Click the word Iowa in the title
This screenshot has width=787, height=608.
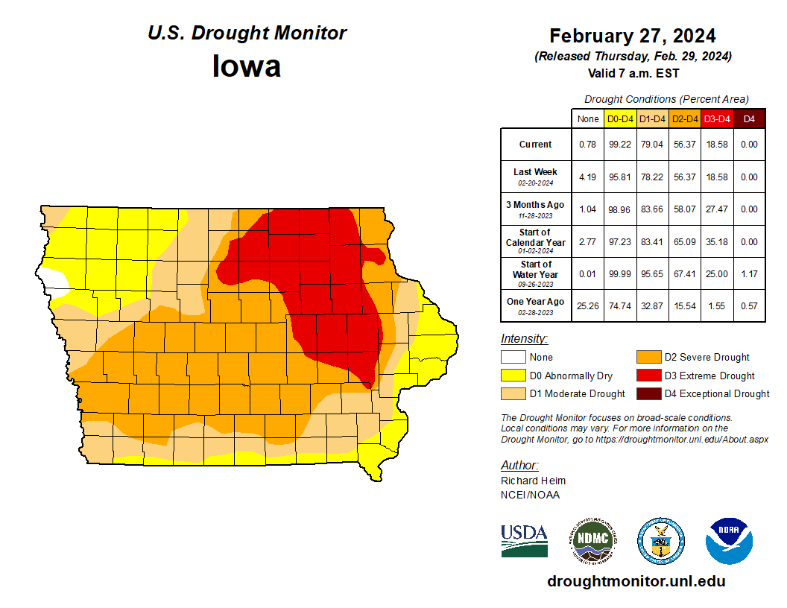[247, 66]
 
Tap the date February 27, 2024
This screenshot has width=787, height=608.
[633, 36]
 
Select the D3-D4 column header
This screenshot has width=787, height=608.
[716, 118]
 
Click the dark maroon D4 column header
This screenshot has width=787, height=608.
[749, 118]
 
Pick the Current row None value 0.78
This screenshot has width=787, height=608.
[587, 145]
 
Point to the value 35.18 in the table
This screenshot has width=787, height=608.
[716, 241]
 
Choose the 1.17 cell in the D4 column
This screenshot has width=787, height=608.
[749, 273]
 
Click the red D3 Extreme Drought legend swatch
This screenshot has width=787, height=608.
[647, 376]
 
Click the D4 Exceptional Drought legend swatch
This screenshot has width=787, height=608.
[647, 393]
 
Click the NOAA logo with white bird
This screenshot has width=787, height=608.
[729, 541]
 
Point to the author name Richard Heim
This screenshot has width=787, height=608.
[533, 481]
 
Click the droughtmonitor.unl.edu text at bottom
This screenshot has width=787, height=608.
[636, 581]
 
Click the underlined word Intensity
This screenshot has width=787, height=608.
[524, 339]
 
